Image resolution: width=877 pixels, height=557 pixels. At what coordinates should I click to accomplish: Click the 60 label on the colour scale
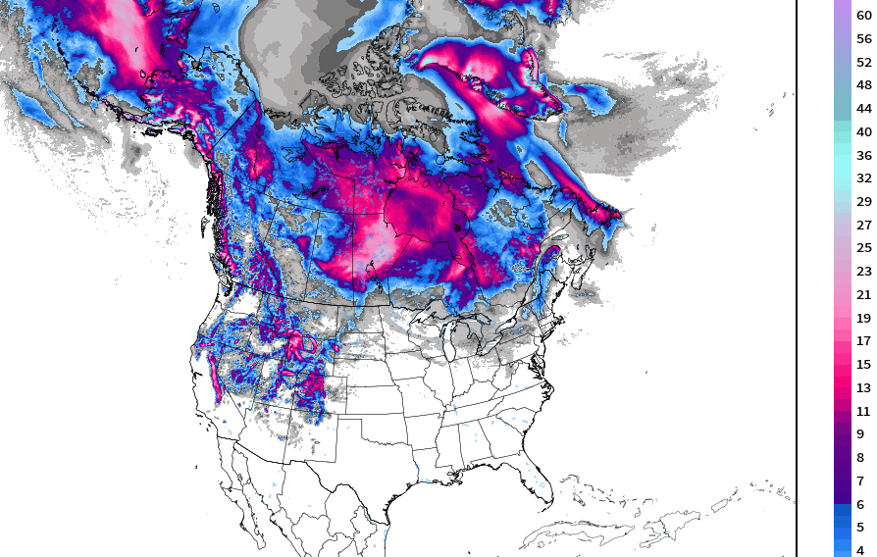click(x=863, y=16)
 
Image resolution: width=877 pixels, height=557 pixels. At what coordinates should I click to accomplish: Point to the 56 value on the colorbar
click(x=863, y=39)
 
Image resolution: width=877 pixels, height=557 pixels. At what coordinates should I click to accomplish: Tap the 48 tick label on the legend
click(x=863, y=85)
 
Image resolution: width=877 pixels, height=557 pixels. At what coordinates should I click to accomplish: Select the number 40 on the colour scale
click(x=863, y=132)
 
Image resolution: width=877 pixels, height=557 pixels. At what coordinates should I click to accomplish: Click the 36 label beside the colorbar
click(x=863, y=156)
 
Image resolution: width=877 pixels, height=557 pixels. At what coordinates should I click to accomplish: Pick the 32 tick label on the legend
click(x=863, y=178)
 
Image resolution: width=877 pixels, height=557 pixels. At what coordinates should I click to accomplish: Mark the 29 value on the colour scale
click(x=863, y=202)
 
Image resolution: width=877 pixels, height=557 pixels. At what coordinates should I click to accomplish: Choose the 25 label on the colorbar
click(x=863, y=248)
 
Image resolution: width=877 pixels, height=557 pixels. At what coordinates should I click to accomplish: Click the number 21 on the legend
click(x=863, y=295)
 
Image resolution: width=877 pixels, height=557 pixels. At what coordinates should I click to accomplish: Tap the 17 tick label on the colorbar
click(x=863, y=341)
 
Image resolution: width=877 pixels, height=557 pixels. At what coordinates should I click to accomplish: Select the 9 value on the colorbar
click(x=860, y=434)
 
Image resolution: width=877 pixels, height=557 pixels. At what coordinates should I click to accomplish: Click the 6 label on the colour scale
click(x=860, y=505)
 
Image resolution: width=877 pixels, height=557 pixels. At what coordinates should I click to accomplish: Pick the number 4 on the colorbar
click(x=860, y=551)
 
